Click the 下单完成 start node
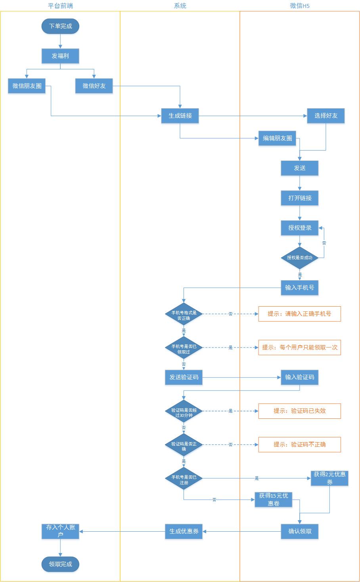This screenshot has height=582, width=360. click(60, 26)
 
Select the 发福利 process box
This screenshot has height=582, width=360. click(60, 56)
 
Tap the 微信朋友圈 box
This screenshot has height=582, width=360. click(27, 86)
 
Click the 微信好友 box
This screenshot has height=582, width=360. click(94, 86)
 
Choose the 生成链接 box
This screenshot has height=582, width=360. click(180, 116)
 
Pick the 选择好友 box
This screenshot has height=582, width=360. click(326, 116)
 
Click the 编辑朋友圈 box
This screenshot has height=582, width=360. click(278, 138)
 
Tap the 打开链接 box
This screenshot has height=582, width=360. click(300, 198)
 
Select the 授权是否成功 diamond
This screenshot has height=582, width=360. click(300, 258)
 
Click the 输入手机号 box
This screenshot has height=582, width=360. click(300, 288)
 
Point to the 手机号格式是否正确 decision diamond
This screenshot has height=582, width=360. click(184, 314)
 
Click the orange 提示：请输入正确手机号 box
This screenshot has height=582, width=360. click(299, 314)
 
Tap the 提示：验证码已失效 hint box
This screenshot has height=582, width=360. click(299, 411)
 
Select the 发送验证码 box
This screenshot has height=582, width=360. click(184, 377)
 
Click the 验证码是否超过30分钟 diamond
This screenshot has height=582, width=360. click(184, 411)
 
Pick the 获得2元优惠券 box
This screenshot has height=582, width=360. click(329, 478)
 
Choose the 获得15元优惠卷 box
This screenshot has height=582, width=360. click(274, 500)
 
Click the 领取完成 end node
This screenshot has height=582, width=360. click(60, 564)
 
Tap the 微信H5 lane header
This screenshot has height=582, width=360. click(299, 6)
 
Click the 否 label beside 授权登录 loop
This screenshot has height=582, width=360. click(324, 243)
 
